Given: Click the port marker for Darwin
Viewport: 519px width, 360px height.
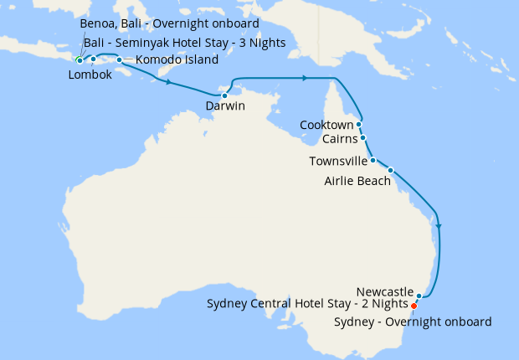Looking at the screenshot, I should tap(224, 96).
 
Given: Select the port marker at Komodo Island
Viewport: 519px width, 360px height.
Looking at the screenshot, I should tap(119, 60).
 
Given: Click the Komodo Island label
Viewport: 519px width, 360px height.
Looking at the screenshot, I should tap(177, 60).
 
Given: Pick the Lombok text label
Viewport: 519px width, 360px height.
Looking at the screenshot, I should tap(89, 75).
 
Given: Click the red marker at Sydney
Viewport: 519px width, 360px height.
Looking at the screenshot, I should tap(414, 306).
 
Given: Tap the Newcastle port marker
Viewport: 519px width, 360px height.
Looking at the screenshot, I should tap(419, 296).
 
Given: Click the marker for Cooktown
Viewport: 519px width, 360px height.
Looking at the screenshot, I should tap(358, 124).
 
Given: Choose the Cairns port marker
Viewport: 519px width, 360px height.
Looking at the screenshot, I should tap(362, 137).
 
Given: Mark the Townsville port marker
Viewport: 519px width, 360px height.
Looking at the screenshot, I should tap(373, 159).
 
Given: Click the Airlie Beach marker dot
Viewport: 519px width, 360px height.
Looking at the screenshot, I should tap(390, 170).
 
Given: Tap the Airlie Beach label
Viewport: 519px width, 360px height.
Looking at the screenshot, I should tap(357, 180).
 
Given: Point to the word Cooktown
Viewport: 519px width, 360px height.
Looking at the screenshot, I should tap(326, 125).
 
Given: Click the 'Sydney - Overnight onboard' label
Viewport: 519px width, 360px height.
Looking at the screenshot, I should tap(413, 321).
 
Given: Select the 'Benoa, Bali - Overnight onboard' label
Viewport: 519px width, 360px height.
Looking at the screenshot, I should tap(169, 23).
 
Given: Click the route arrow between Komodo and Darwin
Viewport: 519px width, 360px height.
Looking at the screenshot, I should tap(170, 83).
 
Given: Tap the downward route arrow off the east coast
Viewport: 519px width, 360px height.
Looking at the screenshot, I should tap(439, 224).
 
